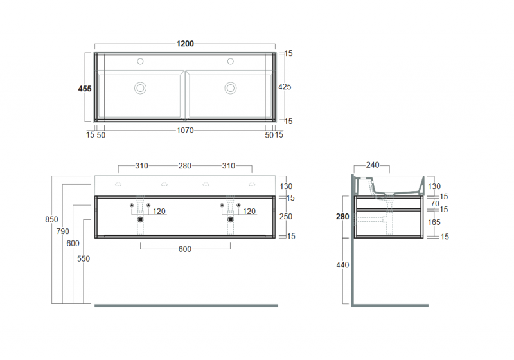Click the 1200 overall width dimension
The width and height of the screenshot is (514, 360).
[185, 44]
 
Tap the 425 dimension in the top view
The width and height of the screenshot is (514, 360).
[285, 86]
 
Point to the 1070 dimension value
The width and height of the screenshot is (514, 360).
[185, 130]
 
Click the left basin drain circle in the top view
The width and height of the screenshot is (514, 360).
[140, 87]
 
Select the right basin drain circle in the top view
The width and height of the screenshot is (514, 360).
[230, 87]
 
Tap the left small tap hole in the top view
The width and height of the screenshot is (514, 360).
[140, 62]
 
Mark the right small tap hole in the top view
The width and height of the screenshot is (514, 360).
[230, 62]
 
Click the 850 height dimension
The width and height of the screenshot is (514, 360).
[51, 220]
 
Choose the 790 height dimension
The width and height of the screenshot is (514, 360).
[63, 231]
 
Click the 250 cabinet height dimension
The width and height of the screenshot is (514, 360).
[285, 217]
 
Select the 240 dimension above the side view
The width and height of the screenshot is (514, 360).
[372, 165]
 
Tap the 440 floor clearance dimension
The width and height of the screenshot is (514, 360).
[343, 265]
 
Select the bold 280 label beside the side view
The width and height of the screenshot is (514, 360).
[342, 217]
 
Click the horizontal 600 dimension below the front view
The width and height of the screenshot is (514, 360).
[185, 250]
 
